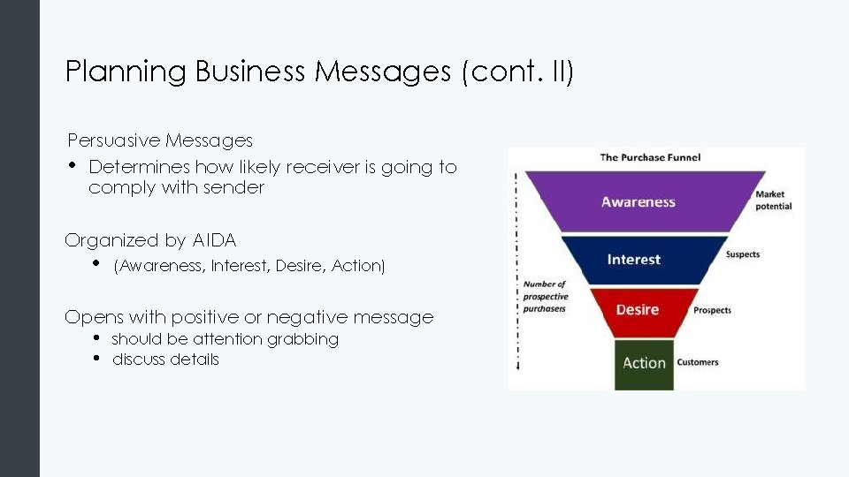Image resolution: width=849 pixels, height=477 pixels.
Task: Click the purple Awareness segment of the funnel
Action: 639,202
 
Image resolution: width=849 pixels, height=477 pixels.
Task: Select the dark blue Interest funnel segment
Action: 634,260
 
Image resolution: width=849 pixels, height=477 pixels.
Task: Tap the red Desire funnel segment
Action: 638,310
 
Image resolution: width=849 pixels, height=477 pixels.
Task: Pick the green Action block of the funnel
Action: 644,363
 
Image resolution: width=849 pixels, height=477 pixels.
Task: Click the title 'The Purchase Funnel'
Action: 650,157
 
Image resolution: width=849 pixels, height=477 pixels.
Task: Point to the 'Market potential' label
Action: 774,201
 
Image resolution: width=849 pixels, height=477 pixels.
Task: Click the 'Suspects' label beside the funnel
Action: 743,254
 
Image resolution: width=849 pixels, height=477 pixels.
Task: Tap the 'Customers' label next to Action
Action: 698,362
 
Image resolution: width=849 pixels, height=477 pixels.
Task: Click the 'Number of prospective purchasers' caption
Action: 544,297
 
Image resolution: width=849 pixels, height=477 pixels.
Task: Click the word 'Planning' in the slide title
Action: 126,72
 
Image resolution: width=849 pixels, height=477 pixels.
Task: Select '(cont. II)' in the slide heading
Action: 517,72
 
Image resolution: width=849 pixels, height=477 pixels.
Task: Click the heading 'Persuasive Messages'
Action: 160,140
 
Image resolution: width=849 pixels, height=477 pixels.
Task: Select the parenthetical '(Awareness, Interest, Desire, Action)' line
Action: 249,266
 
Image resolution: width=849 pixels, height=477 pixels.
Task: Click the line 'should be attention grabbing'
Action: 225,339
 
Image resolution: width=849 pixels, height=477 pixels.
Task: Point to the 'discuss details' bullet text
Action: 165,360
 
